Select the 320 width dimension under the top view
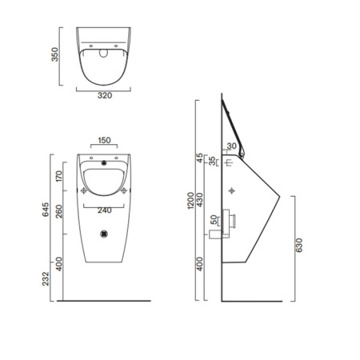point(104,95)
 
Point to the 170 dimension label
point(59,175)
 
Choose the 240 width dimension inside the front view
point(105,211)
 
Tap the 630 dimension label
point(298,246)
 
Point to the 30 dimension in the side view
point(232,146)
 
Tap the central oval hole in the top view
point(105,54)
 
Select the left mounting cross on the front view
point(84,190)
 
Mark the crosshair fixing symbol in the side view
point(232,191)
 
